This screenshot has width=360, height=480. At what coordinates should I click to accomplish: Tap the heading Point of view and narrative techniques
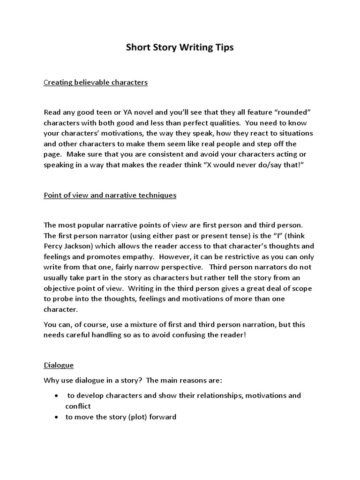(110, 195)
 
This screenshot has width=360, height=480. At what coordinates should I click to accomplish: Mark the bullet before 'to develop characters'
(57, 396)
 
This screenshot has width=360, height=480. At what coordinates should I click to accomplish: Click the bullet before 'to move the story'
(57, 417)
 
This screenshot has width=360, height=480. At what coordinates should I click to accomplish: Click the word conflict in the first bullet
(77, 406)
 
